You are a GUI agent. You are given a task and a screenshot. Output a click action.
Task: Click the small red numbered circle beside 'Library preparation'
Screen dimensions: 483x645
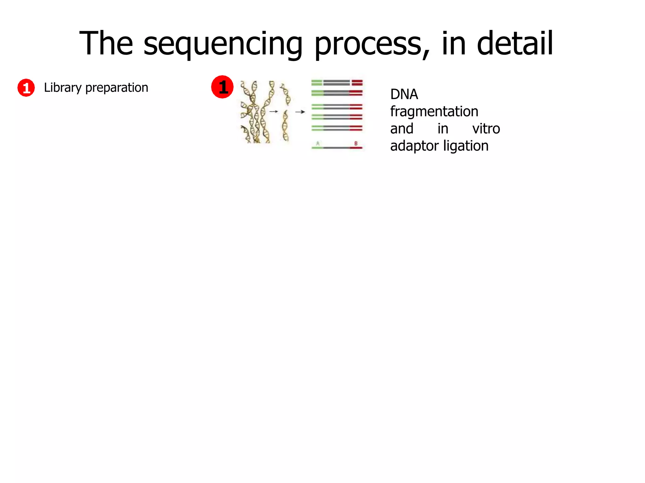pyautogui.click(x=26, y=88)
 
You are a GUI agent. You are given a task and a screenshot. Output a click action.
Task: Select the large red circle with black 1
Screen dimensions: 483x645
pyautogui.click(x=222, y=87)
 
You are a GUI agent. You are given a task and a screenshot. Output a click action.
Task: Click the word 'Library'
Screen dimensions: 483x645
pyautogui.click(x=63, y=88)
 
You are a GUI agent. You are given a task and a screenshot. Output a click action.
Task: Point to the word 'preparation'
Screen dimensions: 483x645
pyautogui.click(x=117, y=88)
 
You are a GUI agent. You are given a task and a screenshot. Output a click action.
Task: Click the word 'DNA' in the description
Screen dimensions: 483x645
pyautogui.click(x=404, y=94)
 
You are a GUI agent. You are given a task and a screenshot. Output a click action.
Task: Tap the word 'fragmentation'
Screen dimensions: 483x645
pyautogui.click(x=434, y=111)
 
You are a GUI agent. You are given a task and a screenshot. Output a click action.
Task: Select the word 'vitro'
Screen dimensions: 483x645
pyautogui.click(x=486, y=129)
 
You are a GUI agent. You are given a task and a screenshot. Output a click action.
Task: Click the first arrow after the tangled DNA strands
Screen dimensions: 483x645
pyautogui.click(x=274, y=111)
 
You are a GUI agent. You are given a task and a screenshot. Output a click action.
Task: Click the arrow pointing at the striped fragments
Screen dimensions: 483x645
pyautogui.click(x=300, y=112)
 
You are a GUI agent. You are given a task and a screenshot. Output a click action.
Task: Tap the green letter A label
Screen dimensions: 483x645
pyautogui.click(x=318, y=143)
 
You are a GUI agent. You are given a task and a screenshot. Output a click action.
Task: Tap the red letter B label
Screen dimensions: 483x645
pyautogui.click(x=356, y=143)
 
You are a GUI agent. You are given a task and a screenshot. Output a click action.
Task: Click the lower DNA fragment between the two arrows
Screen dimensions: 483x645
pyautogui.click(x=285, y=126)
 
